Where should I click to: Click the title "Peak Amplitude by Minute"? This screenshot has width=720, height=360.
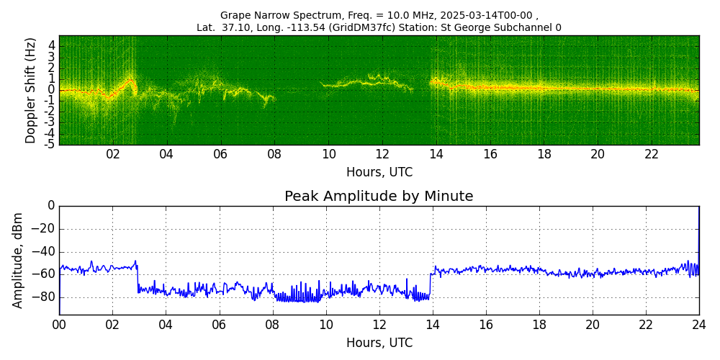click(x=379, y=196)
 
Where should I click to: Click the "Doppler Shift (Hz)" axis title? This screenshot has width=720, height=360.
click(x=30, y=90)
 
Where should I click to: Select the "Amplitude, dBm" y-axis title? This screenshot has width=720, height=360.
click(x=17, y=261)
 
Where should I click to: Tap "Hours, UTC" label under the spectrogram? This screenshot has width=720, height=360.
click(x=379, y=173)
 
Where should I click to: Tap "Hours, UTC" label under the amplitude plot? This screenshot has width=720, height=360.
click(x=379, y=343)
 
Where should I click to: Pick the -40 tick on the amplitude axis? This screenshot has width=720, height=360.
click(x=45, y=252)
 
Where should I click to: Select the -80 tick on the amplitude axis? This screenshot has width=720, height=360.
click(x=45, y=298)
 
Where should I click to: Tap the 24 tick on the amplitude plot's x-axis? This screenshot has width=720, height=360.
click(x=699, y=324)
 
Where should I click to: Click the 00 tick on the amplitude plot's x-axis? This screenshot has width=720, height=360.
click(x=59, y=324)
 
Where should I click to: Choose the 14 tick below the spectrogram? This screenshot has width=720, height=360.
click(x=436, y=154)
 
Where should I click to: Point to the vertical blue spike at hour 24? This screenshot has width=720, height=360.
click(x=699, y=241)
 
